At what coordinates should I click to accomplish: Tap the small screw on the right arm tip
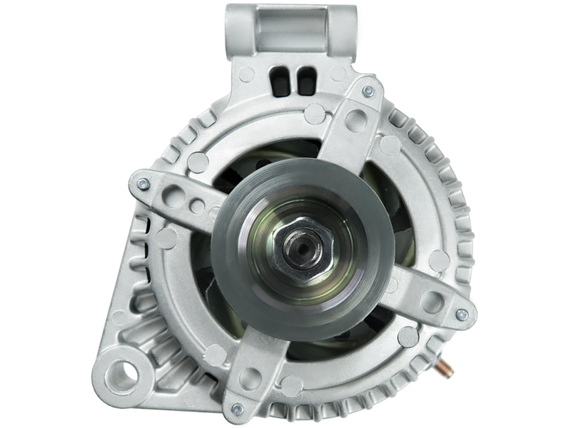pos(463,312)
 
